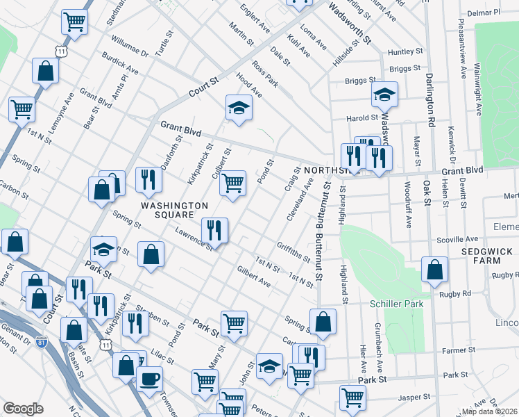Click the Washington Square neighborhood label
174,211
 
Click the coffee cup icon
150,380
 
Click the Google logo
23,409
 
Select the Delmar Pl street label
484,13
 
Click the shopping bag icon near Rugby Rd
434,271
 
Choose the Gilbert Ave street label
253,276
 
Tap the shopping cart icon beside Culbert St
233,183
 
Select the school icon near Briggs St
384,95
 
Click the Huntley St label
405,52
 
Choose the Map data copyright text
490,411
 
